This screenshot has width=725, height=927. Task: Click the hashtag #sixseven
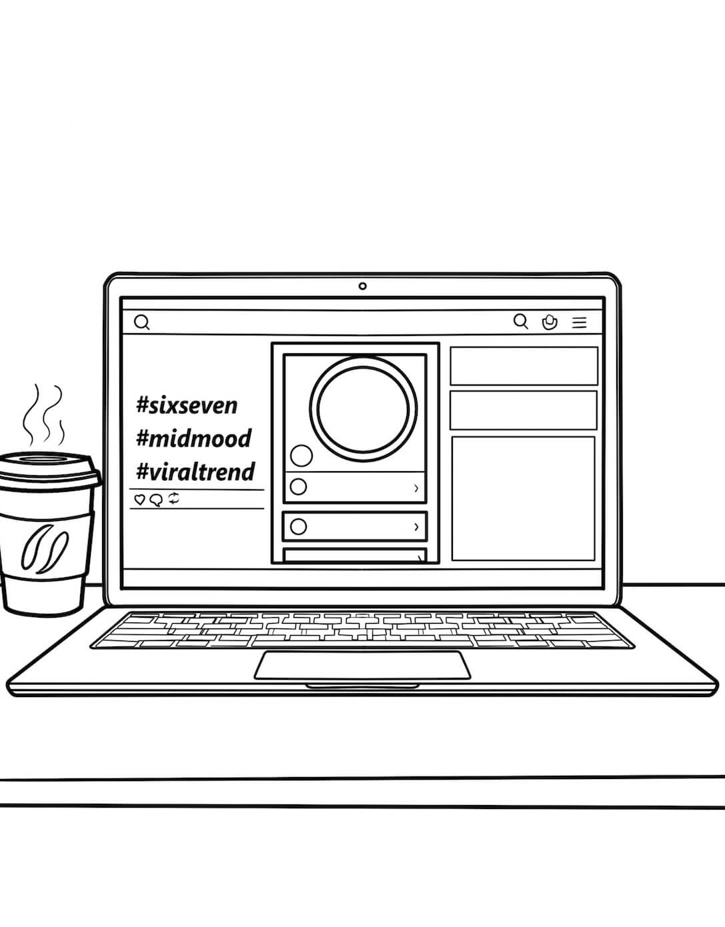pos(187,406)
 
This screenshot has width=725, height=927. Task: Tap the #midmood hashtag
pos(194,438)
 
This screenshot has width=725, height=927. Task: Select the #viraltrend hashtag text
pos(195,471)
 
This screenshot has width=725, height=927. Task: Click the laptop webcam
pos(363,286)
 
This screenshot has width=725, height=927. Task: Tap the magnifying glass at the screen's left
pos(142,322)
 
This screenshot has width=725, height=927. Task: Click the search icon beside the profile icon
pos(521,321)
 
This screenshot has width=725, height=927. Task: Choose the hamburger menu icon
pos(580,322)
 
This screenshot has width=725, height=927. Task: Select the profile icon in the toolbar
pos(550,322)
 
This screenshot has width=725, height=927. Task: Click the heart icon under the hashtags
pos(139,499)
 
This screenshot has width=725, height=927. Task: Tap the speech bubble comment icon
pos(156,500)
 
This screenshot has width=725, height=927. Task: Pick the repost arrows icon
pos(174,498)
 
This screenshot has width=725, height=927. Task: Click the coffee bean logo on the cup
pos(45,549)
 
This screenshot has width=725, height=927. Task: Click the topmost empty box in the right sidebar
pos(524,366)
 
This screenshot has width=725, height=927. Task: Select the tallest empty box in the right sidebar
pos(523,498)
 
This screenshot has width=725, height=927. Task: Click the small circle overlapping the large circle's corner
pos(301,456)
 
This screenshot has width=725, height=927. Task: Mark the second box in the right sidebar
pos(524,410)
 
